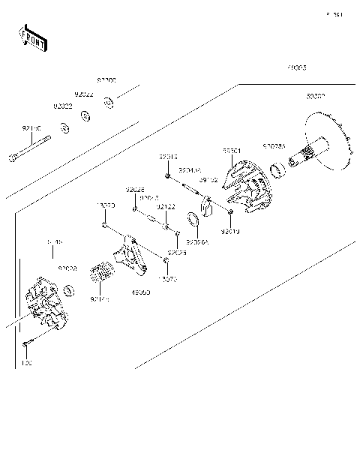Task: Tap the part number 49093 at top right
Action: pyautogui.click(x=295, y=67)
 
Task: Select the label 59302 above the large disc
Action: pyautogui.click(x=316, y=97)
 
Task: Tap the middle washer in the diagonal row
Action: pyautogui.click(x=86, y=115)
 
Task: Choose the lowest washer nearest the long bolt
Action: pyautogui.click(x=66, y=128)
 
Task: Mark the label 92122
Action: pyautogui.click(x=166, y=206)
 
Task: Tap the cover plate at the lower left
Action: pyautogui.click(x=45, y=309)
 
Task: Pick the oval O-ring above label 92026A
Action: pyautogui.click(x=192, y=220)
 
